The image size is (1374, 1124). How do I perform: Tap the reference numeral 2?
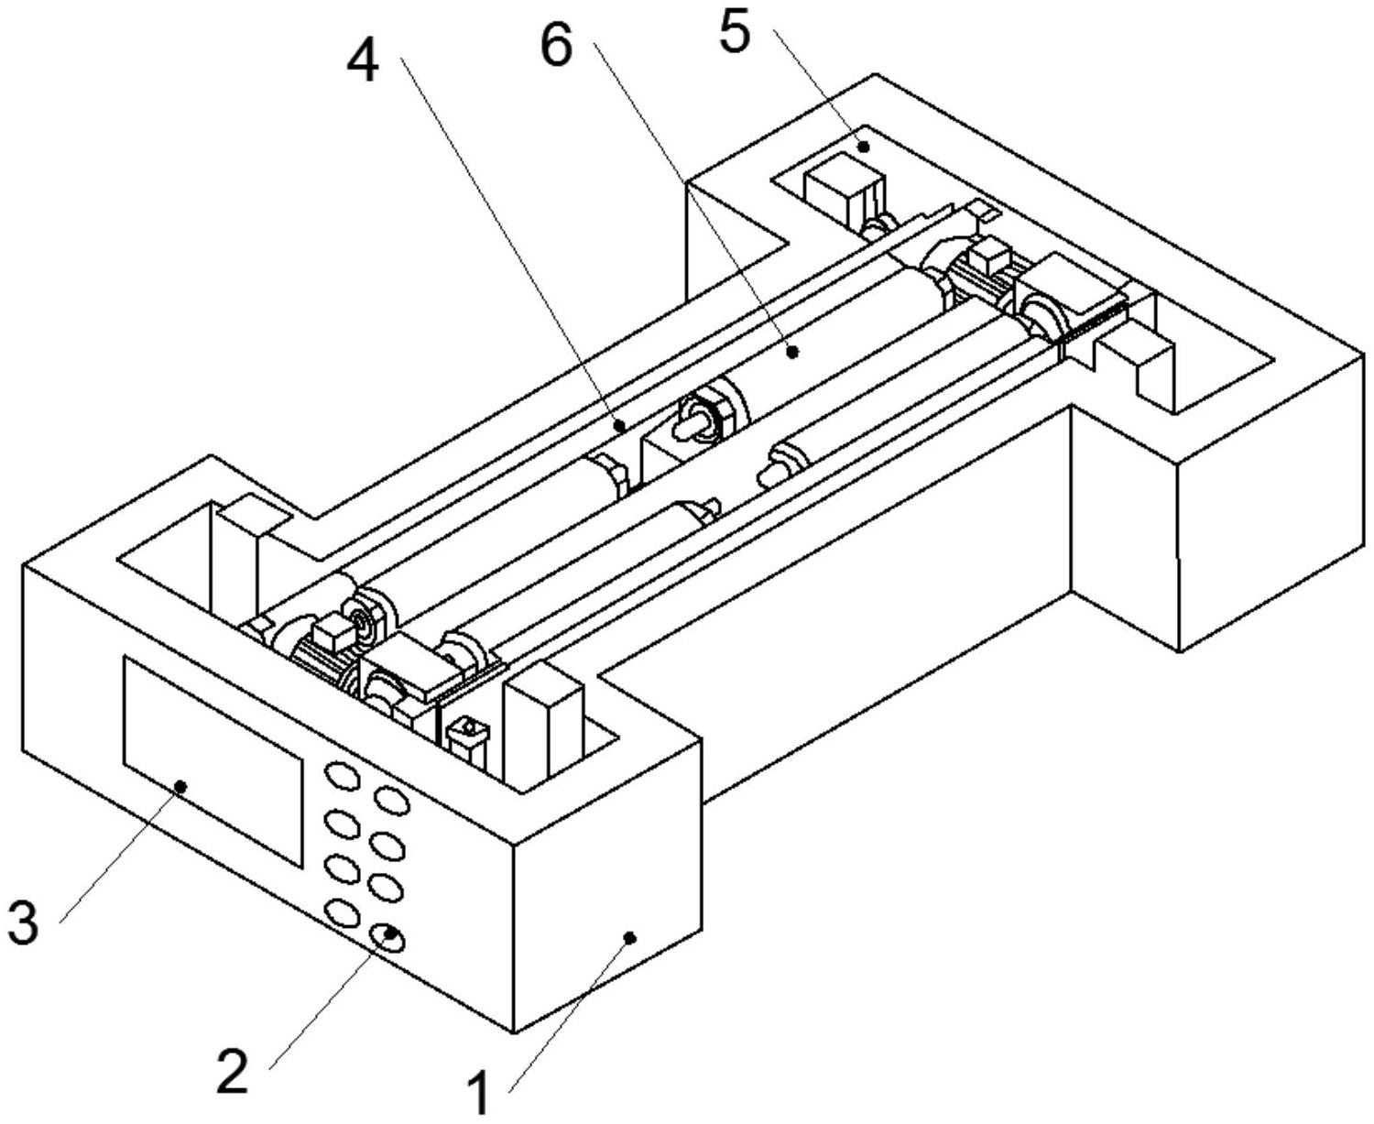coord(233,1070)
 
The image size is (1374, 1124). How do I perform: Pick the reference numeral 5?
coord(734,33)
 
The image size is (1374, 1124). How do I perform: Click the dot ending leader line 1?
coord(629,936)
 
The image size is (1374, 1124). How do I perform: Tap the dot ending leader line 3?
coord(181,785)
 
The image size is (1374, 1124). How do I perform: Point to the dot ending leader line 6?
coord(794,350)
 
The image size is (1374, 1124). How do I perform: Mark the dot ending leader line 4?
coord(620,425)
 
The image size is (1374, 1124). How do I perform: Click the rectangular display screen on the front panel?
coord(213,760)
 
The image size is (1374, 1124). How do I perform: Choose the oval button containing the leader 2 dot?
coord(388,936)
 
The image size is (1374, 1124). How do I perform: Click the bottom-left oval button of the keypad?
coord(341,913)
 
